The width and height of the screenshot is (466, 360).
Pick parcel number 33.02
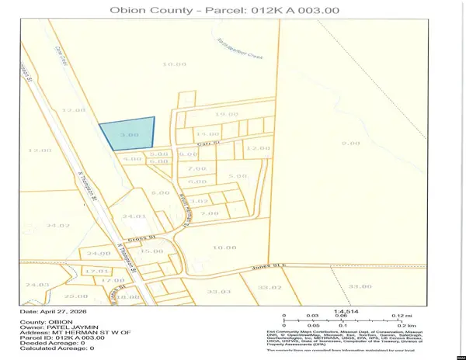[x=269, y=288]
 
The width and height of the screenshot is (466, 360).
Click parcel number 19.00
[x=226, y=114]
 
